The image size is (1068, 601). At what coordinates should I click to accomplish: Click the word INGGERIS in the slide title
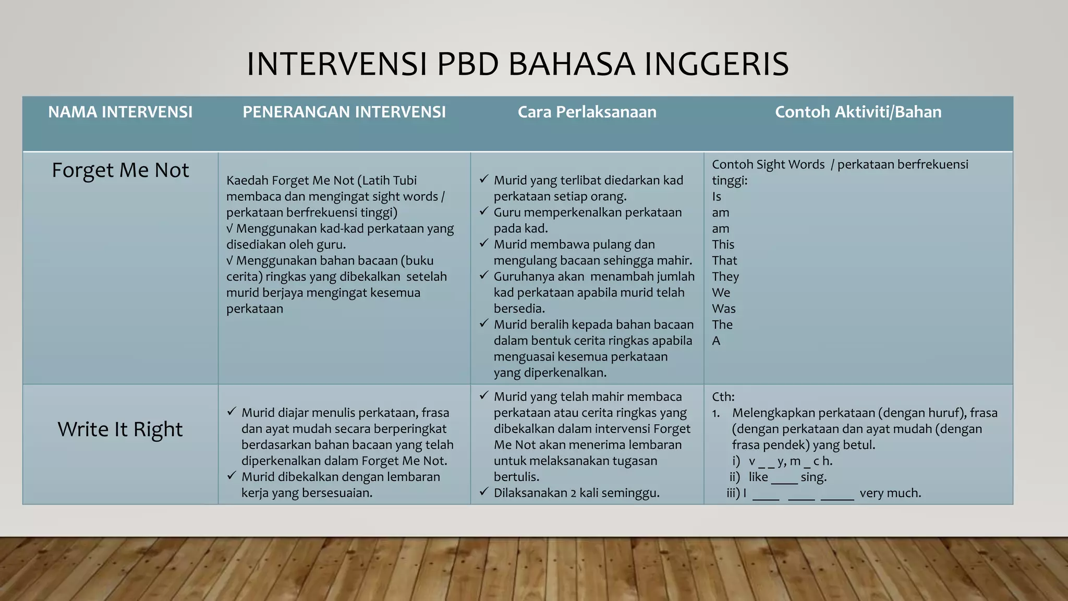pos(716,64)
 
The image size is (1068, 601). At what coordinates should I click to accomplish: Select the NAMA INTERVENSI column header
pos(120,112)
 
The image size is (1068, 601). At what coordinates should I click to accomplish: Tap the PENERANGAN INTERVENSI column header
pos(344,112)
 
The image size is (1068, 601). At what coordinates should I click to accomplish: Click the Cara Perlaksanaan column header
pos(587,112)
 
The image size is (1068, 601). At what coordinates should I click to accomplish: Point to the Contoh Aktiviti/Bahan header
pos(858,112)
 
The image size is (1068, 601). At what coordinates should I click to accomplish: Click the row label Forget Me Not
pos(120,170)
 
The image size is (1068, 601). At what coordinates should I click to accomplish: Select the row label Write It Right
pos(120,429)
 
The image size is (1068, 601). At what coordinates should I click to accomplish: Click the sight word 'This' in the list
pos(723,245)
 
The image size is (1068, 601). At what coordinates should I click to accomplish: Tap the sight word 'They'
pos(725,277)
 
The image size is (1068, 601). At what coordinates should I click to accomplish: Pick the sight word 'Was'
pos(724,309)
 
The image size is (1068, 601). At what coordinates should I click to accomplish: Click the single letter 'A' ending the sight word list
pos(716,341)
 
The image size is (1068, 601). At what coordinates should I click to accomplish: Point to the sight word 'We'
pos(721,293)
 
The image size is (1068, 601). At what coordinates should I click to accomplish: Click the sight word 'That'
pos(724,261)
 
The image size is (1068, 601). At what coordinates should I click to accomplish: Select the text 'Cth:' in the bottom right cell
pos(723,397)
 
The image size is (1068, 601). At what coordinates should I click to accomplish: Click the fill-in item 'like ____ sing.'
pos(787,477)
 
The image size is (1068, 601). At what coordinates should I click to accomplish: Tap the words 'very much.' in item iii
pos(890,493)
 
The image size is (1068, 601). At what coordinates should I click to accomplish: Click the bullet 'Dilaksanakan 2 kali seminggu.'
pos(576,493)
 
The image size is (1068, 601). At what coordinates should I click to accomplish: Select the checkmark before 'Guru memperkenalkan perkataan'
pos(483,211)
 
